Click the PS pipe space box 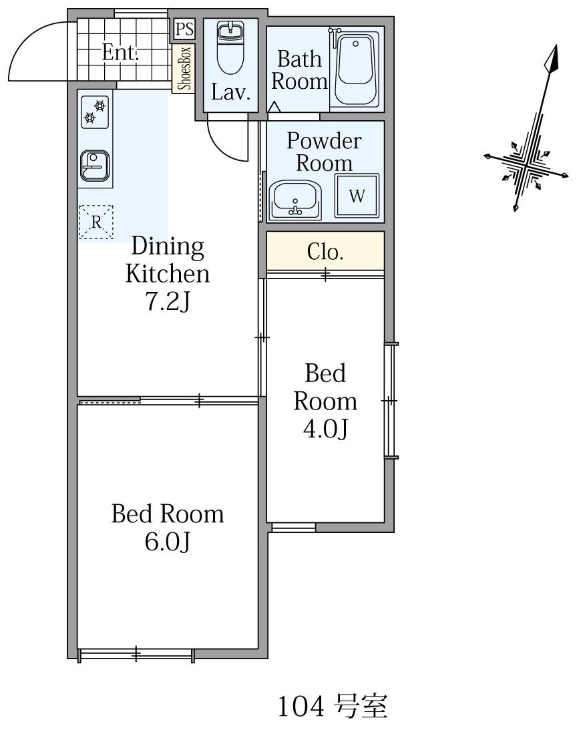[184, 29]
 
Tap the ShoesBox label [184, 68]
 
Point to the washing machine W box [357, 195]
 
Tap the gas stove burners [95, 112]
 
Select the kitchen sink [95, 165]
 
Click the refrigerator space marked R [95, 222]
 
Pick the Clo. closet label [325, 252]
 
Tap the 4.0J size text [325, 428]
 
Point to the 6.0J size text [167, 541]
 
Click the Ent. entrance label [120, 52]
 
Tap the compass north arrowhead [552, 59]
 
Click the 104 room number [301, 707]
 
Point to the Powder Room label [324, 152]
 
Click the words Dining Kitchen [168, 260]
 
